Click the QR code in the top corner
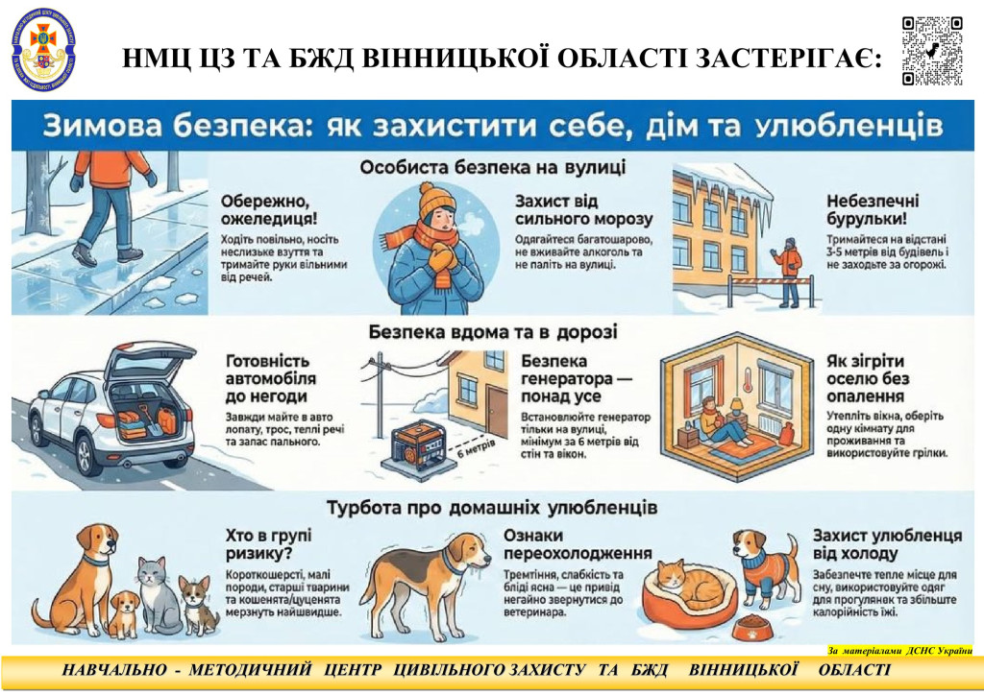point(931,50)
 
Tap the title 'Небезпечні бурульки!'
point(873,211)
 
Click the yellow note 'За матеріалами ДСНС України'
point(899,650)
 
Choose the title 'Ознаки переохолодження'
point(578,544)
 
